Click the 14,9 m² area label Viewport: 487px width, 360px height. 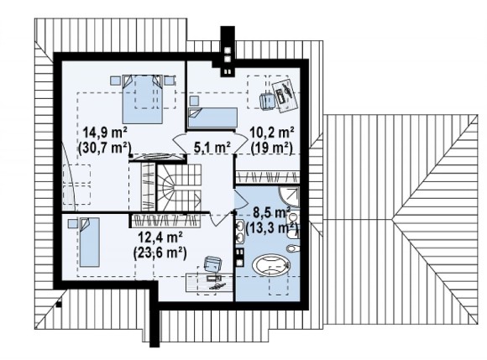pyautogui.click(x=105, y=133)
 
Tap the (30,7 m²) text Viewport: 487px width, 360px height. pyautogui.click(x=105, y=148)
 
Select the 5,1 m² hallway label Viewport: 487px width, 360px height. pyautogui.click(x=212, y=147)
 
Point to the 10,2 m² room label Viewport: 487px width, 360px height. pyautogui.click(x=272, y=133)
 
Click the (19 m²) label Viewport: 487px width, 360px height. pyautogui.click(x=272, y=148)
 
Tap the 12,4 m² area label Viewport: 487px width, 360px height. pyautogui.click(x=160, y=238)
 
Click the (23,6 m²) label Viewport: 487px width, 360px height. pyautogui.click(x=160, y=253)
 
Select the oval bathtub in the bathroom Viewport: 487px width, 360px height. pyautogui.click(x=271, y=264)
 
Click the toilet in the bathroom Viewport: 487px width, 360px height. pyautogui.click(x=293, y=248)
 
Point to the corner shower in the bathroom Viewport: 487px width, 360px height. pyautogui.click(x=290, y=196)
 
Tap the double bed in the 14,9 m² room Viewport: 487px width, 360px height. pyautogui.click(x=143, y=99)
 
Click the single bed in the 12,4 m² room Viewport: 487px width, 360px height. pyautogui.click(x=89, y=242)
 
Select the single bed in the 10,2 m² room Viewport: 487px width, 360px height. pyautogui.click(x=212, y=118)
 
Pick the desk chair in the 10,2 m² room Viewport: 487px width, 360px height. pyautogui.click(x=267, y=101)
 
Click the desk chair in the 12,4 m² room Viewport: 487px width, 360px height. pyautogui.click(x=212, y=263)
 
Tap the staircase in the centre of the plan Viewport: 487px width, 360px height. pyautogui.click(x=179, y=188)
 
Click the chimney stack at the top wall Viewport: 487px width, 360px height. pyautogui.click(x=228, y=51)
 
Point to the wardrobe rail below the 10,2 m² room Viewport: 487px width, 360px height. pyautogui.click(x=267, y=178)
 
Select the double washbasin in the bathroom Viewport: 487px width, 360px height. pyautogui.click(x=240, y=231)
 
